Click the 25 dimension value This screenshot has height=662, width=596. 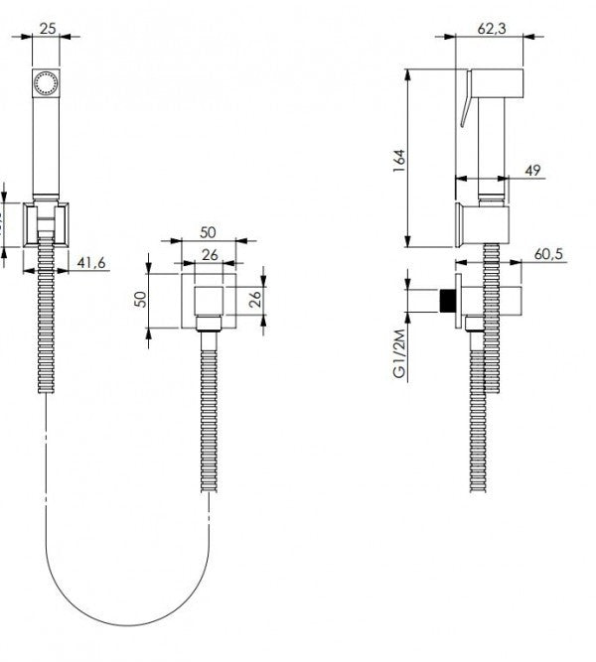(46, 27)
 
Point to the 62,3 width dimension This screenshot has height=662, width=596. (490, 29)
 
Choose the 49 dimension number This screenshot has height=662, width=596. (531, 172)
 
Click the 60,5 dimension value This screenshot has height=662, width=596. (548, 255)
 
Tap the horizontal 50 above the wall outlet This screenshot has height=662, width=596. (209, 231)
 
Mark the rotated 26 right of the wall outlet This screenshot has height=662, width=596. (254, 299)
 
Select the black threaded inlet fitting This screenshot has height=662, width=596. (448, 301)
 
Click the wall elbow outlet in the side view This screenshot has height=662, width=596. (487, 303)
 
